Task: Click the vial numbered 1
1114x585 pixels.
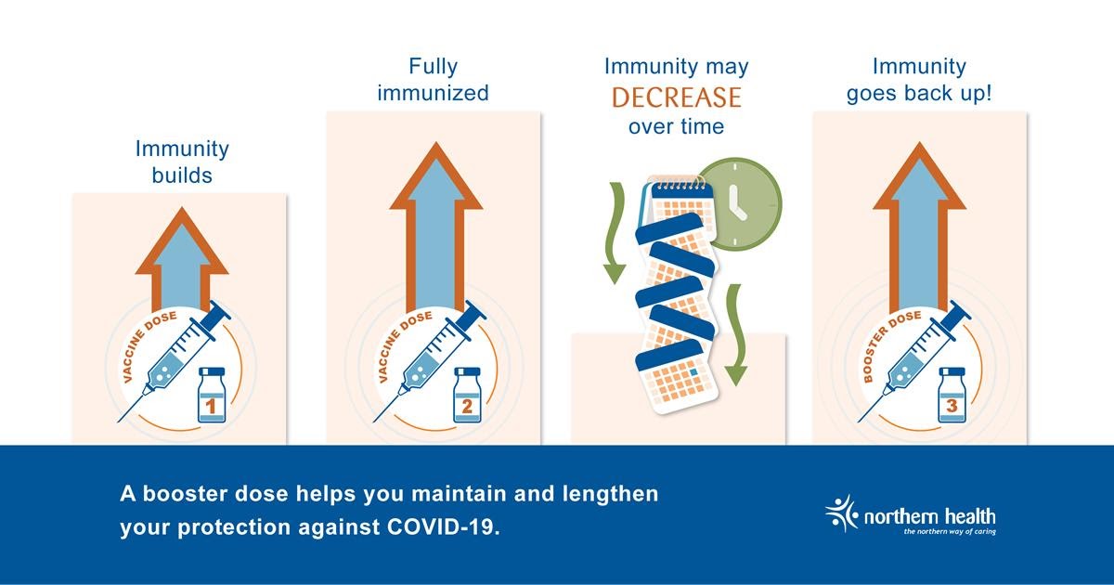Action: (x=212, y=395)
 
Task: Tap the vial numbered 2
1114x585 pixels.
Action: (x=467, y=395)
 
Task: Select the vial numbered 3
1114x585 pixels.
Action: (x=952, y=395)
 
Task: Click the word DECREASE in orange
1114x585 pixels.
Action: (x=677, y=97)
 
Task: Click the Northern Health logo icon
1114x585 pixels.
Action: (x=841, y=513)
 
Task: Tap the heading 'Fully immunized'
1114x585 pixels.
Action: (x=434, y=80)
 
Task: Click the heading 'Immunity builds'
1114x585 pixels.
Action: (x=182, y=162)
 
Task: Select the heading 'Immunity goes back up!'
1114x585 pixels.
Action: (x=919, y=80)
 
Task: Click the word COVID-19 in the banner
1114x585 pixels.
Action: (x=443, y=526)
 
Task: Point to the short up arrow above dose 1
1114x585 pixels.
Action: (x=182, y=259)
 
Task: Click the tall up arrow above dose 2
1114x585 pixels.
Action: (x=436, y=227)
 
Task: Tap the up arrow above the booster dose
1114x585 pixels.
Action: (x=920, y=227)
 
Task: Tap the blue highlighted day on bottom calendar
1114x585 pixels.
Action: (x=693, y=372)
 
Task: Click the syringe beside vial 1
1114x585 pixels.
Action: (x=175, y=361)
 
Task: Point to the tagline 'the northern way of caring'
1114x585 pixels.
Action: (x=950, y=532)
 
